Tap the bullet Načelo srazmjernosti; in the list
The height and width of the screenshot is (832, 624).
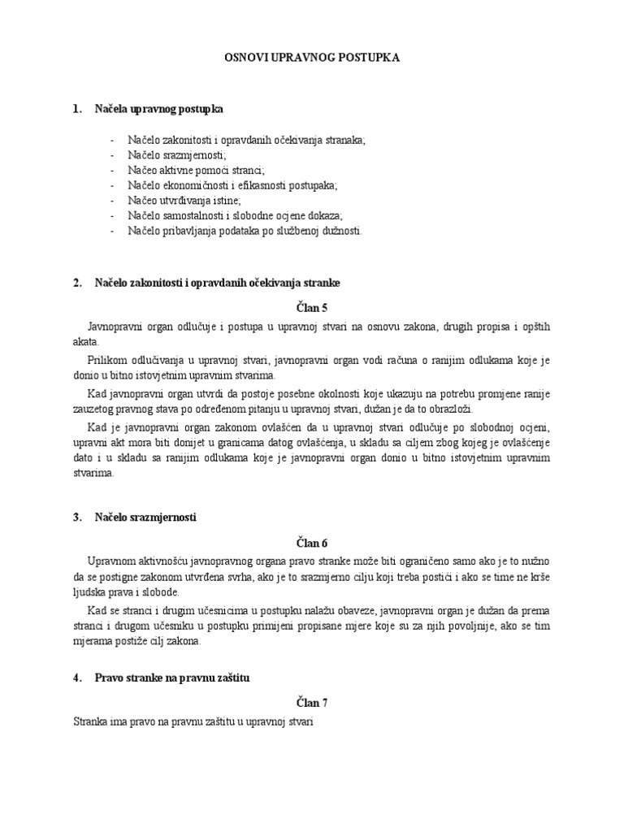176,154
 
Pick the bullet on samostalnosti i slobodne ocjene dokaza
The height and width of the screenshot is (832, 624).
235,215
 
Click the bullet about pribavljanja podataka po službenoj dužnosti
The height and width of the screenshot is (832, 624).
245,231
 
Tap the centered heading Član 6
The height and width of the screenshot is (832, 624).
311,543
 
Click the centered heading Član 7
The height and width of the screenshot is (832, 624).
311,702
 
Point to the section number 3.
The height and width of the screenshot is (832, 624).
77,517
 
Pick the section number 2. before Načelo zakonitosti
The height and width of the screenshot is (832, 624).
77,283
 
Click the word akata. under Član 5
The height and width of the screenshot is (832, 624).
85,342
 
